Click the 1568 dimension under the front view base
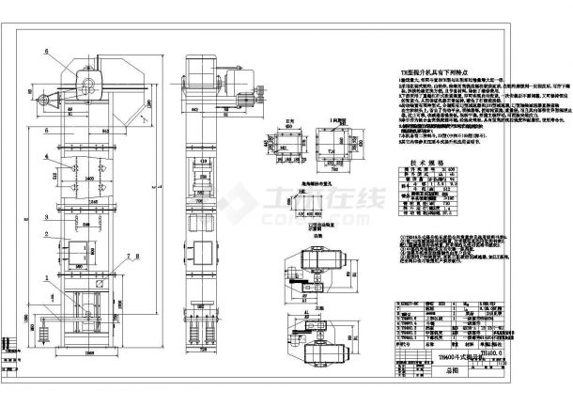tap(87, 353)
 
